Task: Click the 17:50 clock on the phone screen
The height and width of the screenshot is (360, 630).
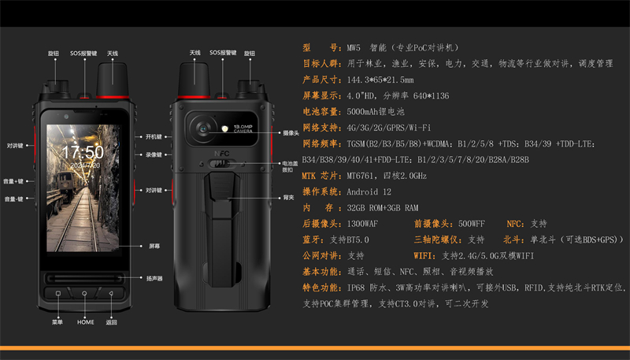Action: (x=83, y=152)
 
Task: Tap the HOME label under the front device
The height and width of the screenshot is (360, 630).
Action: (x=85, y=322)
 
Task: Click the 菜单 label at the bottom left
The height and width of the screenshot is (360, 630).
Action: (x=57, y=322)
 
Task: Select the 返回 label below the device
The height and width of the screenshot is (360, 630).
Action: (x=111, y=322)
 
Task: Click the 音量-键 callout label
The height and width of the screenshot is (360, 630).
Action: (x=15, y=199)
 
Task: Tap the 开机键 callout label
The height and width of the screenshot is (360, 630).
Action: (x=153, y=137)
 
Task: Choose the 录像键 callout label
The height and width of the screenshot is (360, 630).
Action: (x=153, y=155)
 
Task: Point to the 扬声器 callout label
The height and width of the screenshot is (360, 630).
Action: (x=154, y=278)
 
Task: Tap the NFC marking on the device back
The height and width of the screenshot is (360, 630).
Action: (x=222, y=155)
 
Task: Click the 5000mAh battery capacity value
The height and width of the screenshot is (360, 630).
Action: (x=365, y=112)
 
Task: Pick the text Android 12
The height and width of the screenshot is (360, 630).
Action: (x=369, y=191)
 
